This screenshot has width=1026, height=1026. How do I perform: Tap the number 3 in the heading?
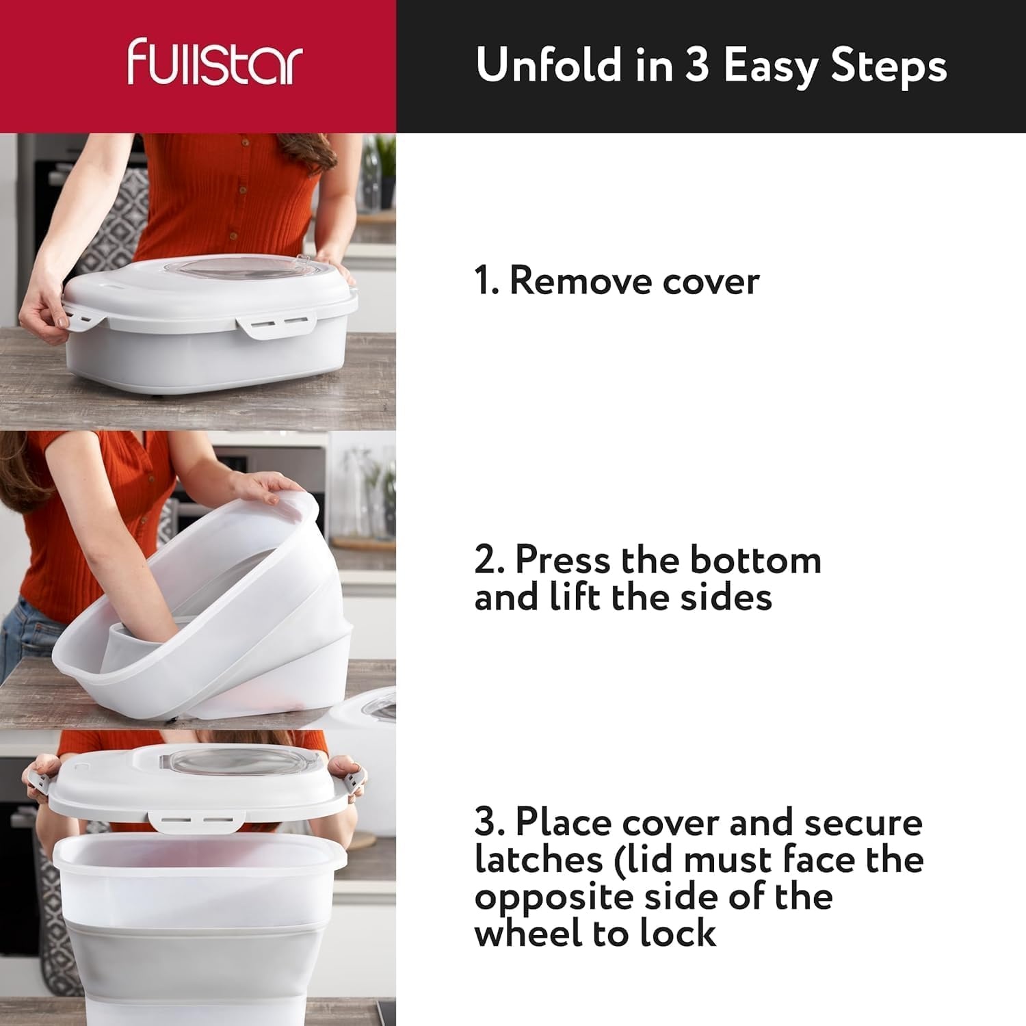tap(698, 66)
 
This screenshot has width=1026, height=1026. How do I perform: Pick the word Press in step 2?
tap(559, 560)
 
